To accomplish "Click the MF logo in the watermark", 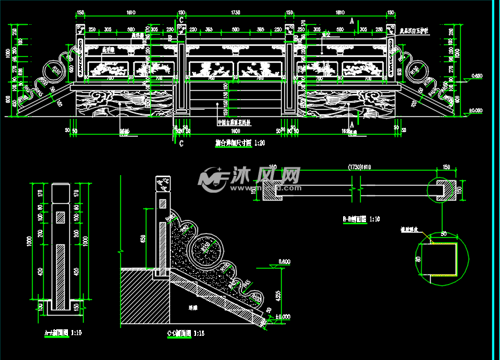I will pyautogui.click(x=212, y=178).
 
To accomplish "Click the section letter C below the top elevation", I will pyautogui.click(x=181, y=144).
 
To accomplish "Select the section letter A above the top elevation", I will pyautogui.click(x=352, y=22).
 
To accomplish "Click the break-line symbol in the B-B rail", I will pyautogui.click(x=356, y=190).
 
